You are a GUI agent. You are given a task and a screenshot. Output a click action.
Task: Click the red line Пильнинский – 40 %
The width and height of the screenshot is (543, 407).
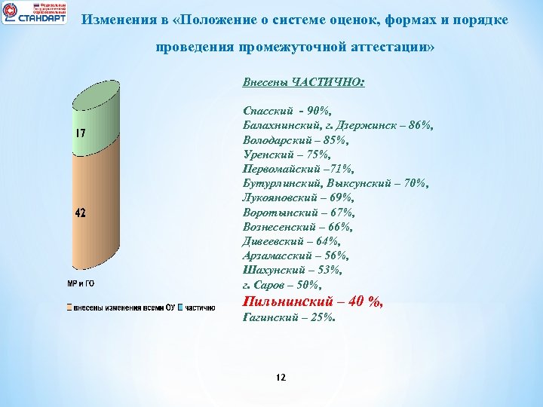coord(313,301)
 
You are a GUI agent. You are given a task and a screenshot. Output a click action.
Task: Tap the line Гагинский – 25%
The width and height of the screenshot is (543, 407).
coord(289,318)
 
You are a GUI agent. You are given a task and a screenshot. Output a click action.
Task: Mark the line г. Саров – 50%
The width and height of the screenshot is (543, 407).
coord(282,284)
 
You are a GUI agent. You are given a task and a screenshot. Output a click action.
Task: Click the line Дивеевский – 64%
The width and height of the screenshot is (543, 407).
coord(292,241)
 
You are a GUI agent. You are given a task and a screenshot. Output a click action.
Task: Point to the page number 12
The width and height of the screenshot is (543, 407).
coord(281,377)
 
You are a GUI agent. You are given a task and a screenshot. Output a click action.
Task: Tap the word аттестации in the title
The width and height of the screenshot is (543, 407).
coord(390,47)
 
